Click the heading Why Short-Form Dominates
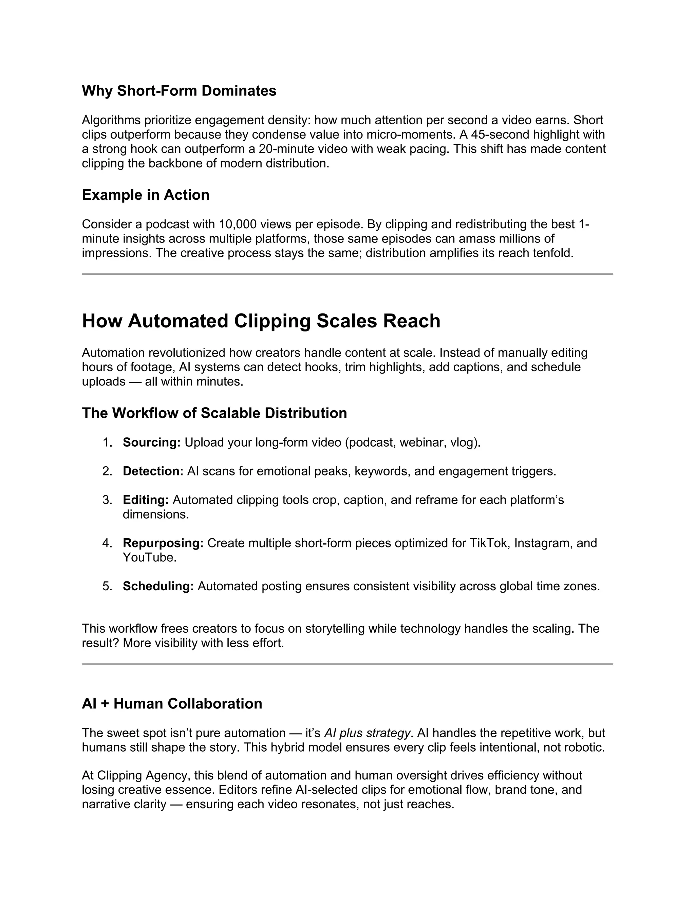coord(179,91)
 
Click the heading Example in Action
coord(145,195)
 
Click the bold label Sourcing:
coord(151,443)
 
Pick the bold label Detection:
coord(153,471)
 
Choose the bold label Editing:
coord(146,500)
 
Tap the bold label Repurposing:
coord(163,543)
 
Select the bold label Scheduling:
coord(158,586)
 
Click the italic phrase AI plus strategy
coord(367,733)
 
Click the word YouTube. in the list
coord(149,558)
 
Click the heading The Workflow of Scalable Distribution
coord(214,413)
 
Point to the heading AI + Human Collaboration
coord(172,703)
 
